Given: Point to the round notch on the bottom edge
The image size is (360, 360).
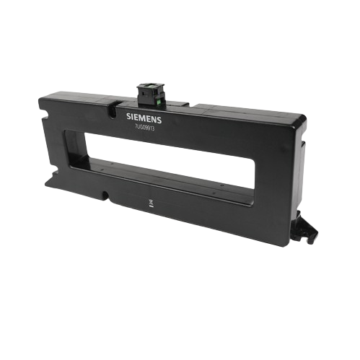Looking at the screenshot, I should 106,193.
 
